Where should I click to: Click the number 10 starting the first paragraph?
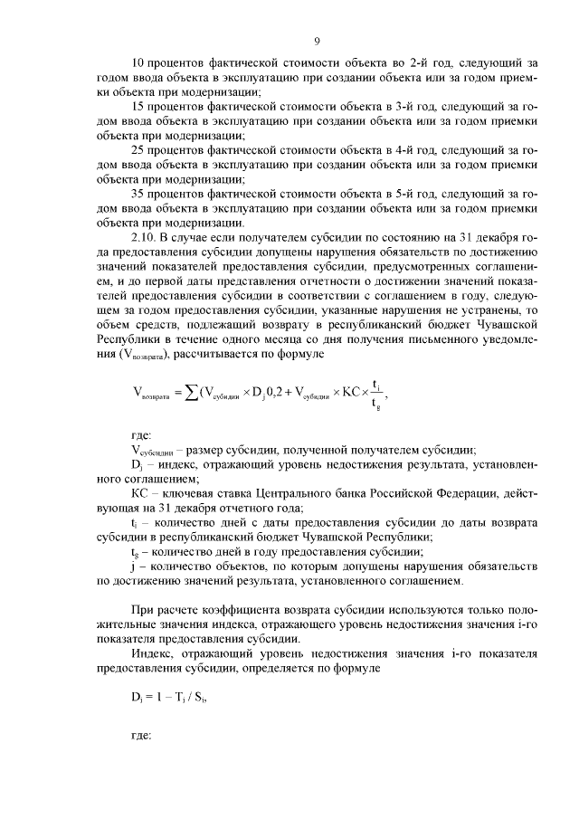[x=138, y=63]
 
